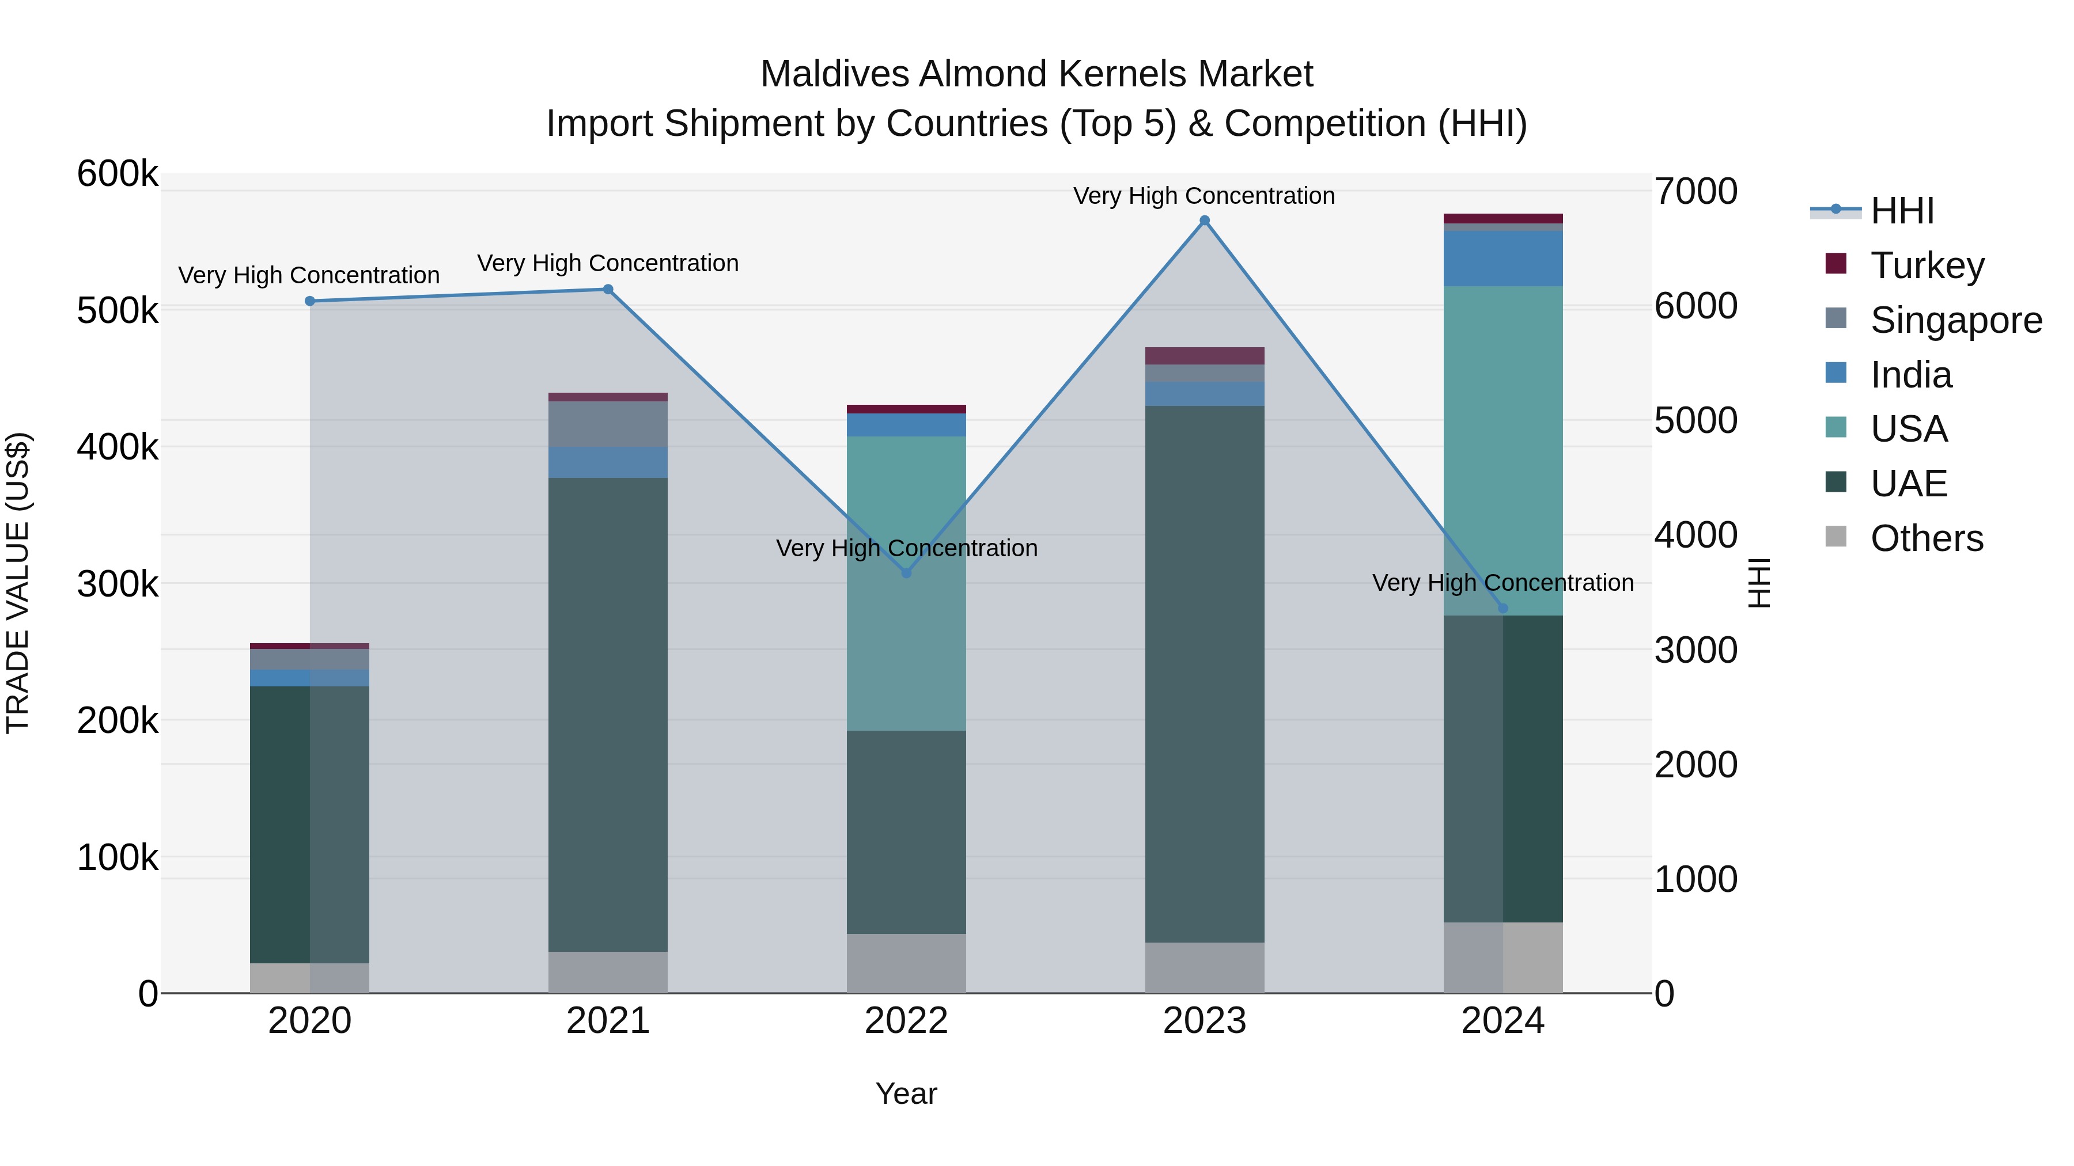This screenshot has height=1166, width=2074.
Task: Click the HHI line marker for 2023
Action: click(x=1205, y=221)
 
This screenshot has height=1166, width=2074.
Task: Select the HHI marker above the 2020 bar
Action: click(x=310, y=301)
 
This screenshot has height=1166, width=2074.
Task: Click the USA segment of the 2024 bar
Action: click(x=1502, y=451)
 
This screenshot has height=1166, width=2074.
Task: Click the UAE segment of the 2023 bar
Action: click(x=1205, y=674)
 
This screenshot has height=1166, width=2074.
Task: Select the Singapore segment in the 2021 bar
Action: click(x=608, y=424)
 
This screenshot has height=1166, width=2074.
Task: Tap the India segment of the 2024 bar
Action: click(x=1502, y=259)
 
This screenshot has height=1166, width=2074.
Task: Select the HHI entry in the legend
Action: click(x=1902, y=211)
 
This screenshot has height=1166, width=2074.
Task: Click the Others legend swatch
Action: click(x=1835, y=537)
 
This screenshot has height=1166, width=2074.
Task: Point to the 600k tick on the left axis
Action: click(x=118, y=174)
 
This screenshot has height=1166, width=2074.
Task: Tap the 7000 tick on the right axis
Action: click(x=1695, y=192)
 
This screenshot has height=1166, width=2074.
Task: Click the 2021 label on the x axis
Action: click(x=608, y=1021)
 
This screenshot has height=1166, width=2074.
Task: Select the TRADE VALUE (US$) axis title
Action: click(x=18, y=583)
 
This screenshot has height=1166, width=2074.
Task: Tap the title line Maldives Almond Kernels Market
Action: click(x=1036, y=74)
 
